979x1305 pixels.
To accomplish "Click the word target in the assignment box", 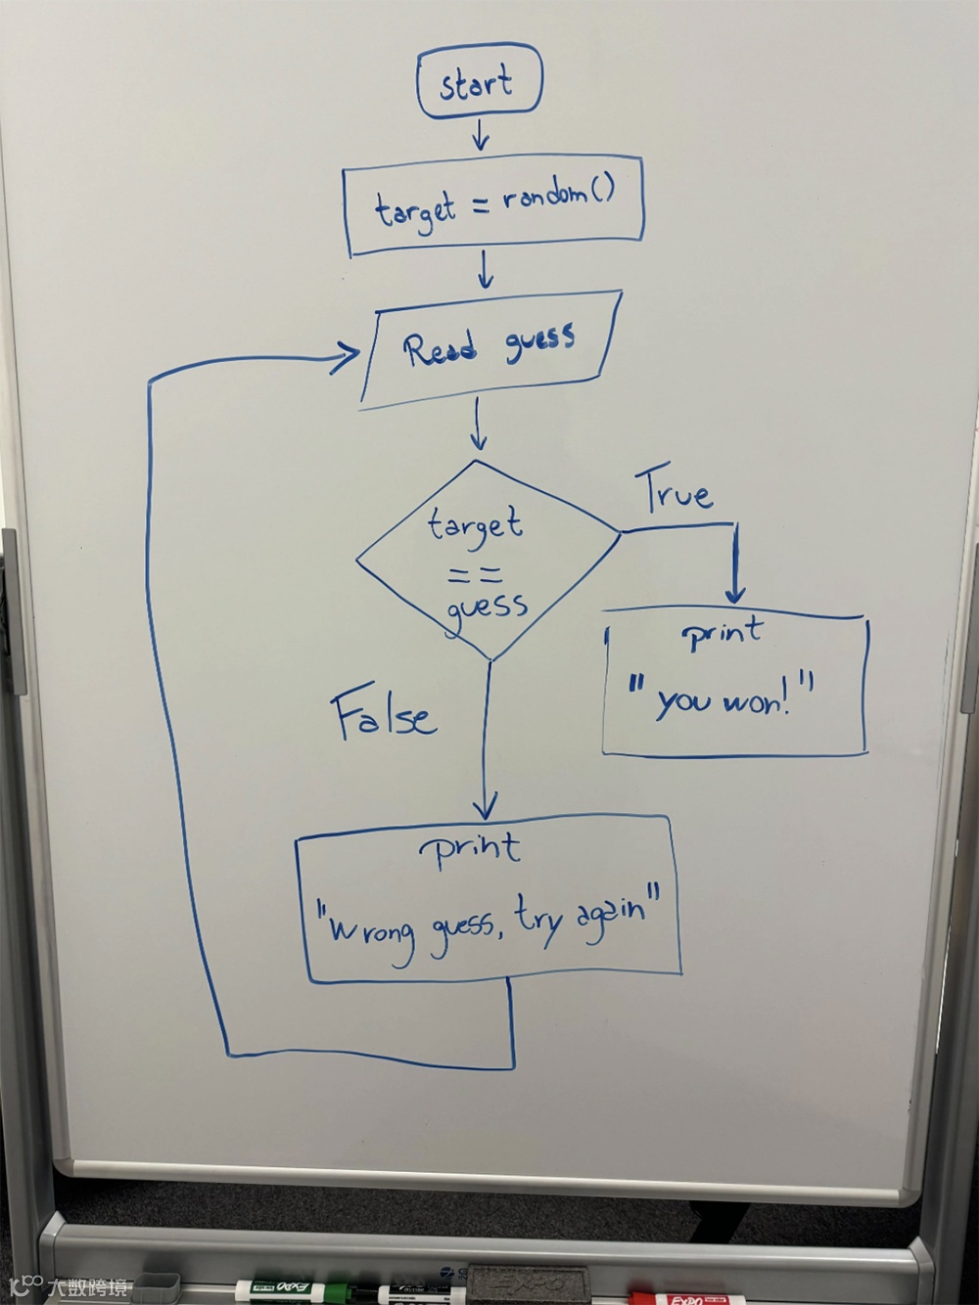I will click(415, 210).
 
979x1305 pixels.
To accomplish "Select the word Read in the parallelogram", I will click(442, 348).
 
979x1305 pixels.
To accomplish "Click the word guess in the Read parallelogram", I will click(540, 341).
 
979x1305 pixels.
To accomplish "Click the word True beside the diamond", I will click(677, 492).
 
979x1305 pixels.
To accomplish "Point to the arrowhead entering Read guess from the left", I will click(348, 358).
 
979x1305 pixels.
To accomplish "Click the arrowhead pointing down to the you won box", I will click(735, 593).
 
